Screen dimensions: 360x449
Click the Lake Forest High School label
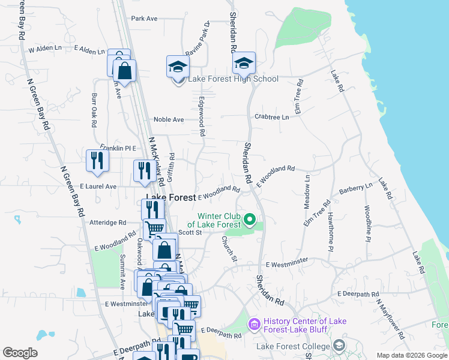234,79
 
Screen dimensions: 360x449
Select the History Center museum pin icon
254,325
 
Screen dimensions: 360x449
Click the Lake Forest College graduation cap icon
339,346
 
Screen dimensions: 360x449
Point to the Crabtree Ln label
271,117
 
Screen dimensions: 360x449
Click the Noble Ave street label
169,119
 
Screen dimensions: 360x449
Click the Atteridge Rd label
107,222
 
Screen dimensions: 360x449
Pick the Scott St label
190,232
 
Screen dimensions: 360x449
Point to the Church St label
229,248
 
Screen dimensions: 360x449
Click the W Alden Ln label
45,48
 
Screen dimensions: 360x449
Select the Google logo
20,353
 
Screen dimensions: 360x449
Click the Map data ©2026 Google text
411,355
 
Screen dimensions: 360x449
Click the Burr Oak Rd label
94,110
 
